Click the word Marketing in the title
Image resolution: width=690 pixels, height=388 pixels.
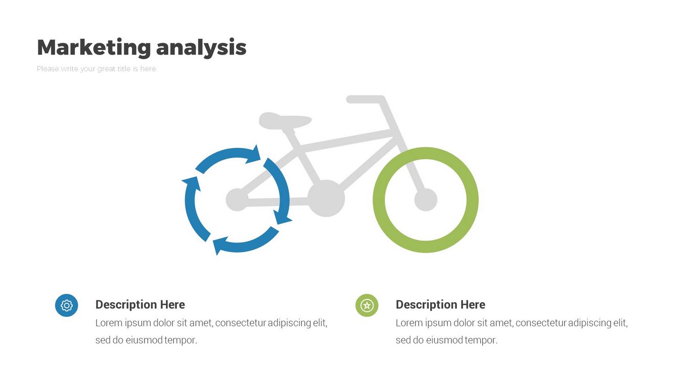[94, 47]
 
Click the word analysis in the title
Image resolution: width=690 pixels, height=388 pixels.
[201, 48]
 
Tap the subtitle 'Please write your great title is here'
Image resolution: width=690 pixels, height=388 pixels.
[97, 69]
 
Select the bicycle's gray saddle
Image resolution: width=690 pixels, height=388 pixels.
[285, 121]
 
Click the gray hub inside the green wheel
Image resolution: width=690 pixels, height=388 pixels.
[426, 200]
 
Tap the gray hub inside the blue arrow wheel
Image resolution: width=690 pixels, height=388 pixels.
[237, 200]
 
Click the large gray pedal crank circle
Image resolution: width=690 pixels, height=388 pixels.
[326, 199]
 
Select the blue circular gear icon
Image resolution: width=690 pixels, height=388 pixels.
[67, 306]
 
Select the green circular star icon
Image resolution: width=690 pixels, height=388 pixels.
[367, 306]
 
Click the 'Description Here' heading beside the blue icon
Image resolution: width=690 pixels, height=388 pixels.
[140, 305]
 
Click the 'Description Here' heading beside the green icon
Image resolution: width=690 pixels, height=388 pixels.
[440, 305]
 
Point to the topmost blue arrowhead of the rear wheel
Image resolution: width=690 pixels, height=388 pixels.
[254, 155]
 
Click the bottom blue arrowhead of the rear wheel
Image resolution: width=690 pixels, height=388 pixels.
[220, 246]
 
